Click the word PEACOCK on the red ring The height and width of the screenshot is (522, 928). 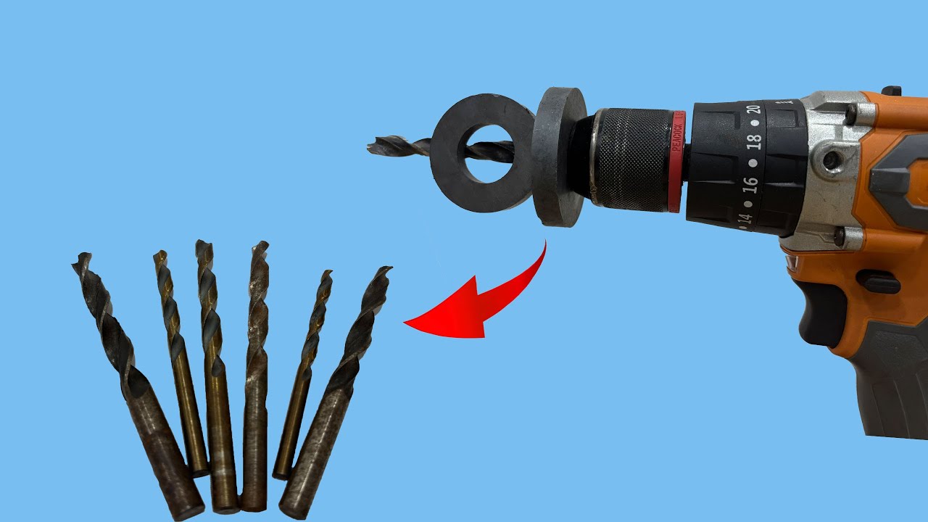[676, 135]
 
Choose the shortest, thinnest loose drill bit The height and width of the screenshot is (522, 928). [301, 377]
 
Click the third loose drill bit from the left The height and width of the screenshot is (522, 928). [216, 377]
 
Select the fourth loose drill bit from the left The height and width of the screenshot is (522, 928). [255, 377]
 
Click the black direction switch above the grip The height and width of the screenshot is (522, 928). [878, 281]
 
